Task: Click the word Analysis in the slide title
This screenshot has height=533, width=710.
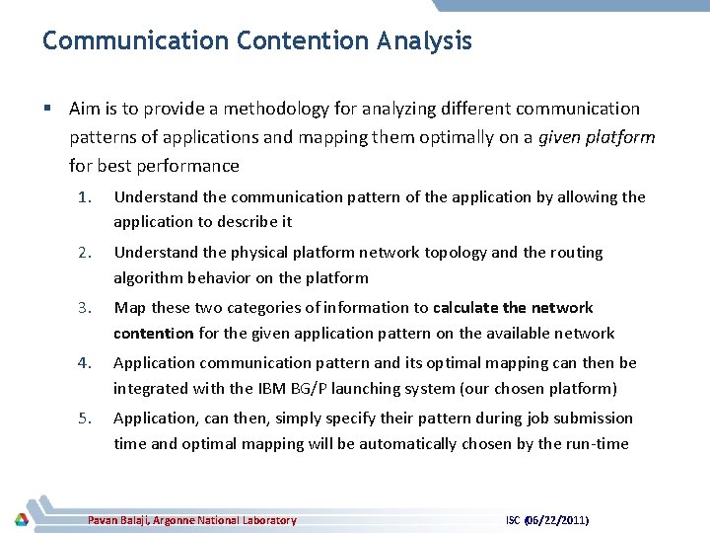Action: pyautogui.click(x=424, y=41)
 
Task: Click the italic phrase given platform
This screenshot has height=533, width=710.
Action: pyautogui.click(x=597, y=137)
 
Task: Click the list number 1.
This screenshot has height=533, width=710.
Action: pyautogui.click(x=84, y=197)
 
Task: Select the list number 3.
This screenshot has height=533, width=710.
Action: pyautogui.click(x=84, y=308)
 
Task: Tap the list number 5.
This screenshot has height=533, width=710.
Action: pyautogui.click(x=84, y=419)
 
